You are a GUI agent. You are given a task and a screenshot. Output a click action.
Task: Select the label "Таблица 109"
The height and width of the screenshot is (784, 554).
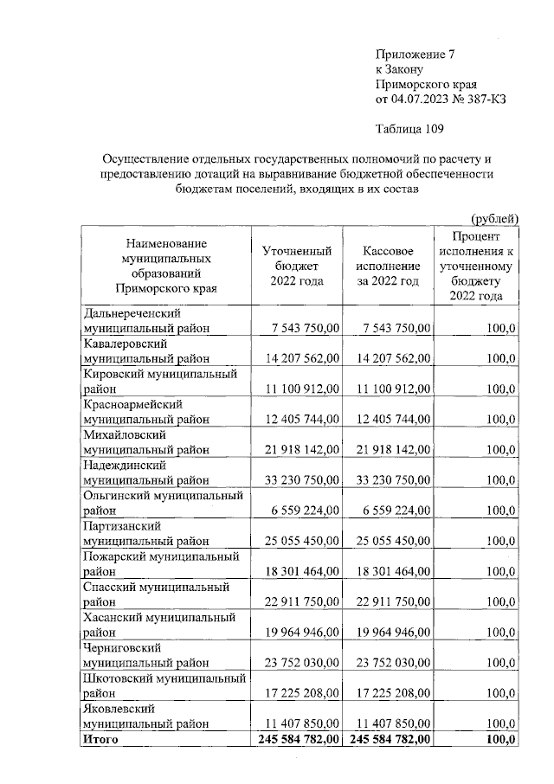click(409, 131)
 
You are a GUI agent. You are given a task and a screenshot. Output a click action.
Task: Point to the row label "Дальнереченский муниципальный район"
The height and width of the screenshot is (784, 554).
click(146, 320)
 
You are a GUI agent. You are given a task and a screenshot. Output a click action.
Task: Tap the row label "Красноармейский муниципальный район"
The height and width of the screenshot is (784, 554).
click(146, 412)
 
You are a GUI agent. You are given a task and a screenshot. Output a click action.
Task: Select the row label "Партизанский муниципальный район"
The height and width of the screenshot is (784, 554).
click(146, 534)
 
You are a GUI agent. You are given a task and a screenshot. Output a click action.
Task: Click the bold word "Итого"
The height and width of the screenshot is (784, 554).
click(100, 740)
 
